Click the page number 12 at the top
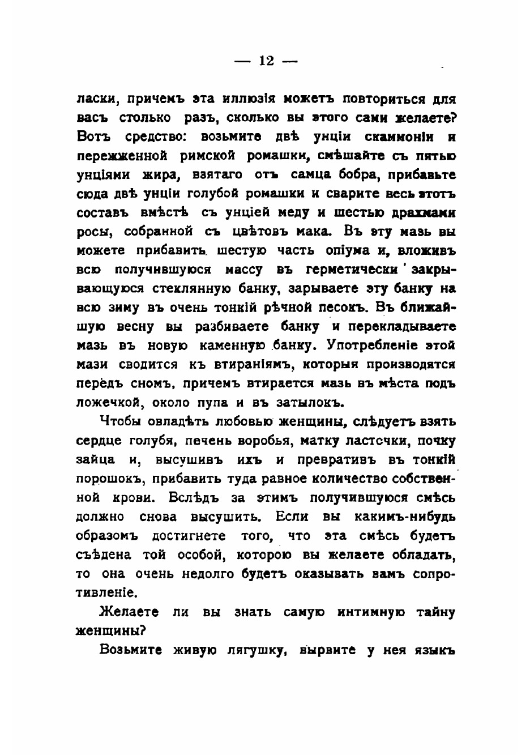pos(266,61)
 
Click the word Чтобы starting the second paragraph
pos(121,422)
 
